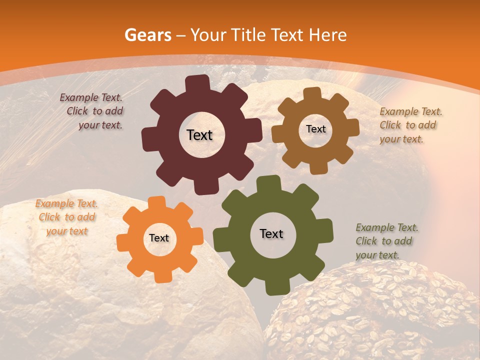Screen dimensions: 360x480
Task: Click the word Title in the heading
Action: pyautogui.click(x=250, y=35)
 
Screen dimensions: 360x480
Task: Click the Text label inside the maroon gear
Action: pyautogui.click(x=199, y=135)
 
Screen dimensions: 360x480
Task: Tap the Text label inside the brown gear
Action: pyautogui.click(x=315, y=129)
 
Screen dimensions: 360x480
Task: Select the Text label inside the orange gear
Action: pyautogui.click(x=159, y=238)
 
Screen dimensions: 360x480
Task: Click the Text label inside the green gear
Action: pyautogui.click(x=271, y=233)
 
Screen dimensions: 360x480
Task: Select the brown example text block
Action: pyautogui.click(x=410, y=125)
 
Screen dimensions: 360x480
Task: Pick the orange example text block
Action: pyautogui.click(x=66, y=217)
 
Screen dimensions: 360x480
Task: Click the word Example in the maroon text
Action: pyautogui.click(x=78, y=97)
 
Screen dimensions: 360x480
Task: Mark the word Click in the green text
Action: pyautogui.click(x=366, y=241)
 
